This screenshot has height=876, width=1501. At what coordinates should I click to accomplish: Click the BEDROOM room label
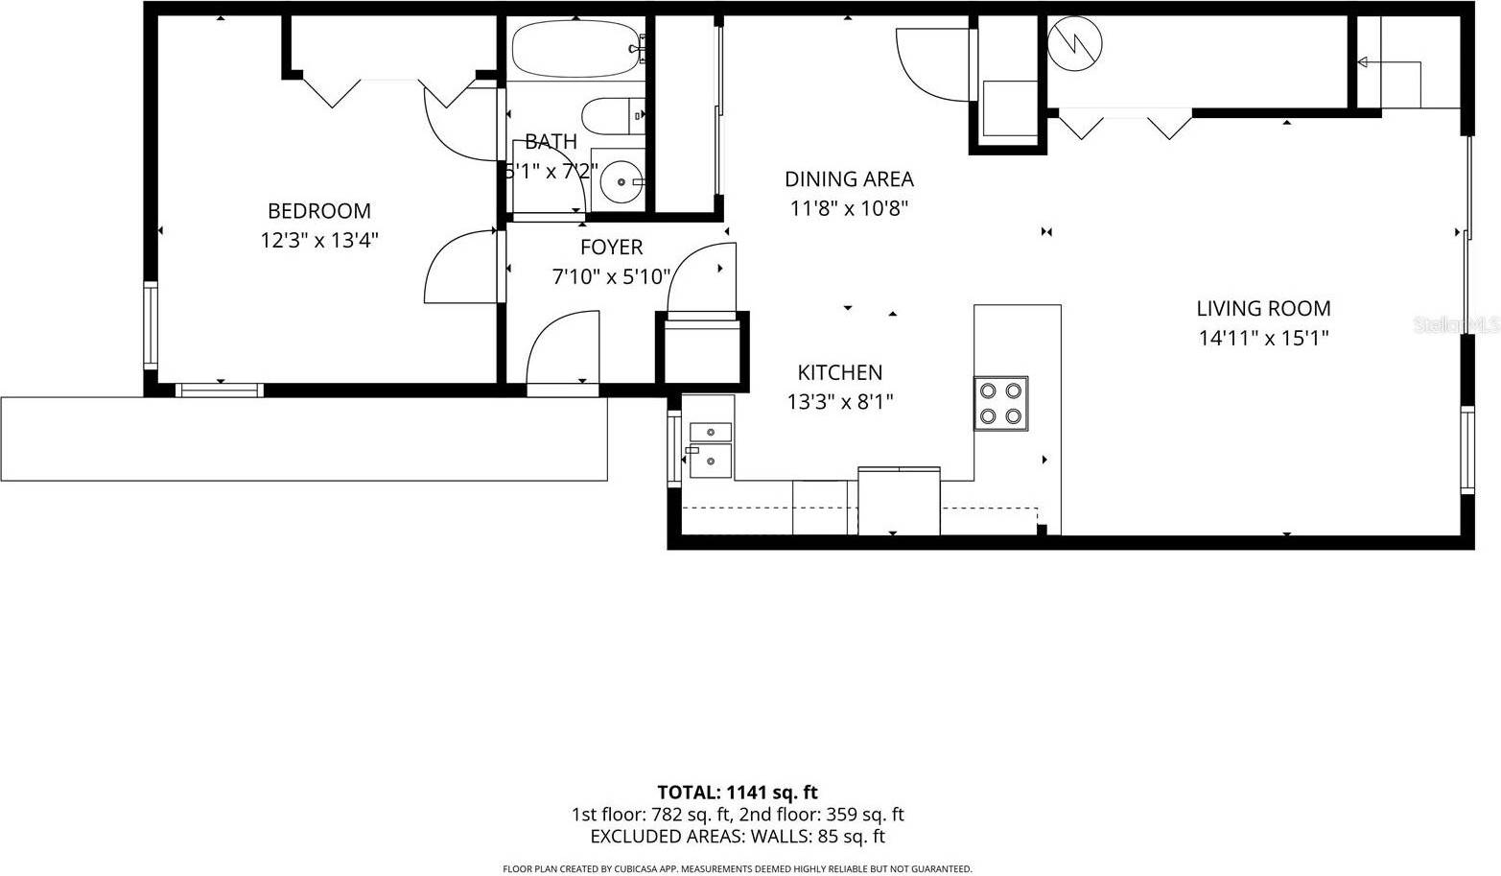click(318, 211)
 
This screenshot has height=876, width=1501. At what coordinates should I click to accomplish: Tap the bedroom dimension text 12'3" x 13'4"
click(318, 240)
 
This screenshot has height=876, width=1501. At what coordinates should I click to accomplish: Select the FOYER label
click(611, 248)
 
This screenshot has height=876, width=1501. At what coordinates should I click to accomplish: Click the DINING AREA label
click(849, 179)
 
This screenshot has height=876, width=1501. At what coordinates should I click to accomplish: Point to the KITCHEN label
click(839, 372)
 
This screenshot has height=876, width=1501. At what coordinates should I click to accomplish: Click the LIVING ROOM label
click(1263, 309)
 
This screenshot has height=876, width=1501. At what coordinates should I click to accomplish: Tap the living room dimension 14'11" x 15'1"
click(1263, 338)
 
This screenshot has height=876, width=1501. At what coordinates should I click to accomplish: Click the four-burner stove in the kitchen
click(1000, 403)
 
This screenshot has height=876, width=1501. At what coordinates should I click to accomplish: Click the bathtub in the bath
click(574, 49)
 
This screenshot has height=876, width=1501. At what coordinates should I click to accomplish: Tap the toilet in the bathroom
click(610, 116)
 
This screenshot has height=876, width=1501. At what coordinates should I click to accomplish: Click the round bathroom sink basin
click(619, 179)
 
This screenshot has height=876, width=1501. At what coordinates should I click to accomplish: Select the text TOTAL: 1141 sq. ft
click(737, 793)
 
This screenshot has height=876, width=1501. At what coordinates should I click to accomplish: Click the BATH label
click(551, 142)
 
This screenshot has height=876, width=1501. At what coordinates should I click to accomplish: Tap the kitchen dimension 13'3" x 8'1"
click(839, 402)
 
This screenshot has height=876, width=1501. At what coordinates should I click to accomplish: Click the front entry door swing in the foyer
click(562, 350)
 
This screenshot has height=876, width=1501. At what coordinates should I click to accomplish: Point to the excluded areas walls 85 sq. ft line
click(737, 837)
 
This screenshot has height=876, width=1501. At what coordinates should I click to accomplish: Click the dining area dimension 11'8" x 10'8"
click(849, 208)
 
